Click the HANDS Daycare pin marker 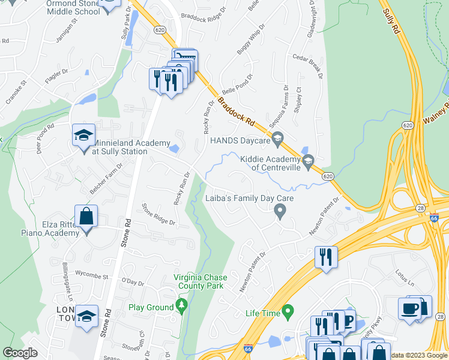[x=277, y=141]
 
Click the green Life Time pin [x=288, y=312]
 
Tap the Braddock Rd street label [x=235, y=112]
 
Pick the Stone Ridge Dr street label [x=158, y=214]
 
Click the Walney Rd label [x=436, y=113]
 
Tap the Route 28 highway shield [x=421, y=208]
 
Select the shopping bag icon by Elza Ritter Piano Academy [x=86, y=216]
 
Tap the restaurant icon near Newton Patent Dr [x=326, y=257]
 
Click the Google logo [x=20, y=353]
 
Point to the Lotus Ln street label [x=405, y=278]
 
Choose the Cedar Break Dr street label [x=308, y=67]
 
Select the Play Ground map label [x=151, y=307]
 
